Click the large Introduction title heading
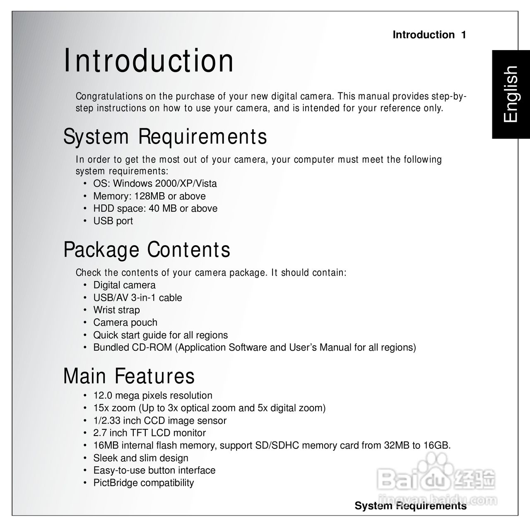(x=148, y=61)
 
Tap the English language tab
(x=510, y=94)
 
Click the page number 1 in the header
(x=463, y=35)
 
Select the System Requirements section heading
(x=165, y=137)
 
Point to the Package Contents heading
(x=147, y=250)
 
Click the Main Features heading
(x=129, y=376)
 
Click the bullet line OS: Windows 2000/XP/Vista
(x=155, y=183)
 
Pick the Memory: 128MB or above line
(x=149, y=196)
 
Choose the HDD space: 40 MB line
(x=155, y=208)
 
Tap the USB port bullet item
(x=113, y=221)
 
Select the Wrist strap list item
(x=116, y=310)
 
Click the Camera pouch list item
(x=125, y=323)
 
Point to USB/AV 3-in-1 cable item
(x=137, y=298)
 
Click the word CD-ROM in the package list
(x=152, y=347)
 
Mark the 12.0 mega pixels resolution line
(x=152, y=395)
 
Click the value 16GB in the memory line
(x=436, y=446)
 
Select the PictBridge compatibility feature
(x=143, y=483)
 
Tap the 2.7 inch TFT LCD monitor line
(x=149, y=433)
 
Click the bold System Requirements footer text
(x=410, y=506)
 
